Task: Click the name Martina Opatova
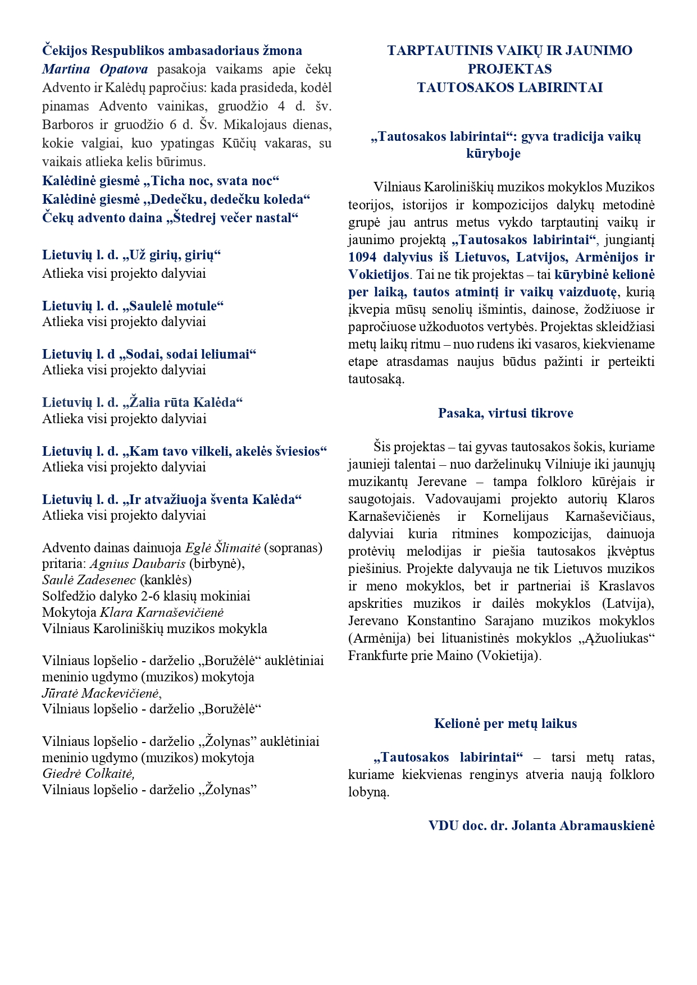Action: [x=95, y=69]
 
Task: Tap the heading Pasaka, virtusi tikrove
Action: [x=505, y=413]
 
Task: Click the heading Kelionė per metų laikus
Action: [x=505, y=723]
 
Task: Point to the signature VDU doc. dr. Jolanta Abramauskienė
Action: [x=541, y=826]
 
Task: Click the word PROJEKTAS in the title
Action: [x=509, y=69]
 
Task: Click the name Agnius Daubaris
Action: [x=138, y=563]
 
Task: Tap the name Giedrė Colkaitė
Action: [x=88, y=773]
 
